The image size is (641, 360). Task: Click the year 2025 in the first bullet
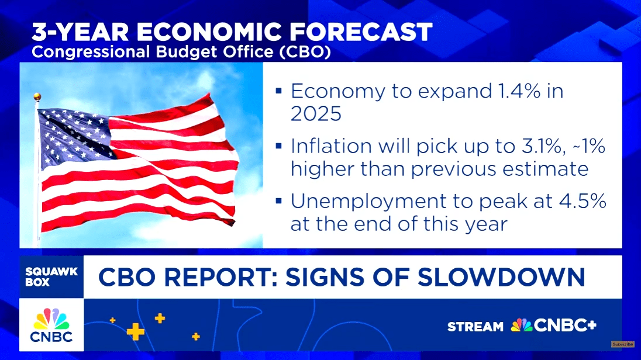316,113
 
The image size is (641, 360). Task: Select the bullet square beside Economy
279,91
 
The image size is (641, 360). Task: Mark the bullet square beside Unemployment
279,201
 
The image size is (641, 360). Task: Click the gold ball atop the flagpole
37,97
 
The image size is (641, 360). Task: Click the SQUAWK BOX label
51,277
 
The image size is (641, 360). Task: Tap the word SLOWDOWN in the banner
501,277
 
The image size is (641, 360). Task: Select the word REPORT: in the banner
220,277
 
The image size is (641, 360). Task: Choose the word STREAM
475,327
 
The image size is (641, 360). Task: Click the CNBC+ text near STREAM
565,326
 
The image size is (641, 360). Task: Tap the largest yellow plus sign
135,331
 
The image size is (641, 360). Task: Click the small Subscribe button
623,344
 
